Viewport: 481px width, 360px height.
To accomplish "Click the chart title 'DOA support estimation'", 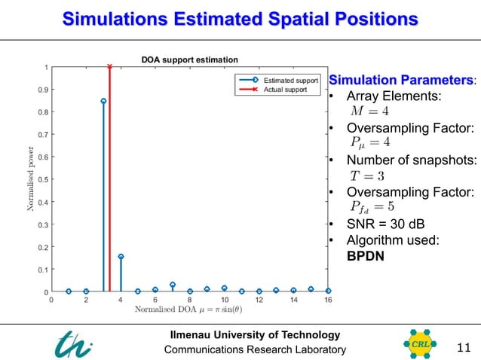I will click(x=190, y=59).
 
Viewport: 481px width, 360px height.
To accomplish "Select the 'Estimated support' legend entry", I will click(x=290, y=80).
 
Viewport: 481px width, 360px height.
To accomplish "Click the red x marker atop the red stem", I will click(x=110, y=66).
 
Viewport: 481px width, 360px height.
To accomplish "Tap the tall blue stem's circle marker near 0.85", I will click(x=103, y=101).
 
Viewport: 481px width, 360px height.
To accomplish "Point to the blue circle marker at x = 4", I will click(x=121, y=257).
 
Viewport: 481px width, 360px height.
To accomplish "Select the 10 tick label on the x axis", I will click(x=224, y=301).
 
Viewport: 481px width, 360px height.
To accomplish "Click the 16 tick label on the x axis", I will click(x=328, y=301).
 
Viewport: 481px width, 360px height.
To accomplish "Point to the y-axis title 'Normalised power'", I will click(x=32, y=179).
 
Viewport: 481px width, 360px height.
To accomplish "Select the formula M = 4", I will click(x=369, y=111).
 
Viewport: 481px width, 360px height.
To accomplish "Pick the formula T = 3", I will click(x=367, y=175).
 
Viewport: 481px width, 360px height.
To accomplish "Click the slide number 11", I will click(x=463, y=347).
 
